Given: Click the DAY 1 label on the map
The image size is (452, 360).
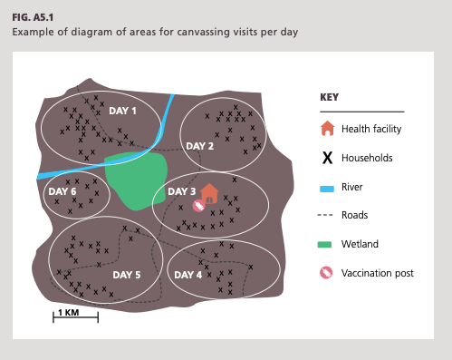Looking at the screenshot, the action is tap(122, 111).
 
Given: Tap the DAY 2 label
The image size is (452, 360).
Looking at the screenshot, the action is tap(199, 146).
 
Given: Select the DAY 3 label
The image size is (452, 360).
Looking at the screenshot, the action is tap(181, 191).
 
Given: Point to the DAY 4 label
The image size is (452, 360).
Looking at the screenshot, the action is tap(188, 275).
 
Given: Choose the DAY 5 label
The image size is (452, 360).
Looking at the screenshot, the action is tap(127, 275).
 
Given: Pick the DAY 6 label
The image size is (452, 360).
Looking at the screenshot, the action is tap(63, 191).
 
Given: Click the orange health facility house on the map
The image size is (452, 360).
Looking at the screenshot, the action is tap(209, 193).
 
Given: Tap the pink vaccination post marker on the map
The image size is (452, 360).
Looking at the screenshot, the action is tap(198, 206).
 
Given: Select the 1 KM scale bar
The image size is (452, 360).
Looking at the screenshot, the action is tap(75, 316).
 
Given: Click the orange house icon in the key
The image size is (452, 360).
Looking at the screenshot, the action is tap(328, 129).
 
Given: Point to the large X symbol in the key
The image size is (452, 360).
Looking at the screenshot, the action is tap(327, 158).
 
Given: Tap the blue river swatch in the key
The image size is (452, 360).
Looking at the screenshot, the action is tap(327, 189).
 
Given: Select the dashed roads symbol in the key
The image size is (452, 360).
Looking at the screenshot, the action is tap(325, 215).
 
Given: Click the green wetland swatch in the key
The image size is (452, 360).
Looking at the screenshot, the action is tap(324, 245).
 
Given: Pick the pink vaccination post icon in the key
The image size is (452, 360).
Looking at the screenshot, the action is tap(326, 273).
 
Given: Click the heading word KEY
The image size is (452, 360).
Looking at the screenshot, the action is tap(329, 97).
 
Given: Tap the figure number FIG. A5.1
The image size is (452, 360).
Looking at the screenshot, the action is tap(33, 17).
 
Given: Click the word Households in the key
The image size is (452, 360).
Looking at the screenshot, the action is tap(367, 158).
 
